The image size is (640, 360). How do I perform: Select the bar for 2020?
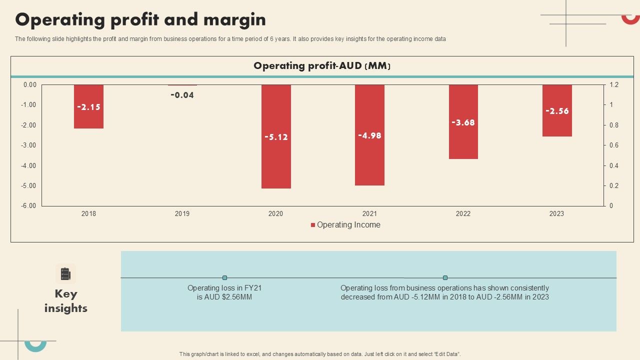(x=276, y=160)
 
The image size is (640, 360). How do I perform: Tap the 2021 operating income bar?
(x=369, y=160)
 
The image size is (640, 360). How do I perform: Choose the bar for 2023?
(x=556, y=125)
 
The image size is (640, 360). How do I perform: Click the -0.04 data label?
(x=182, y=95)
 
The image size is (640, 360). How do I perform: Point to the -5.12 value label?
(x=276, y=137)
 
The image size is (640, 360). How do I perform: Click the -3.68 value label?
(x=463, y=122)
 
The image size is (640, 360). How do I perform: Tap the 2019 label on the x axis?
(x=182, y=213)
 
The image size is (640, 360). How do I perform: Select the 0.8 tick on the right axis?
(x=614, y=125)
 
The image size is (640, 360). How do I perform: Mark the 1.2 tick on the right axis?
(x=614, y=85)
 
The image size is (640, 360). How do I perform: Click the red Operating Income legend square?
(x=313, y=225)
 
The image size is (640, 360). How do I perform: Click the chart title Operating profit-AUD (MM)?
(x=321, y=66)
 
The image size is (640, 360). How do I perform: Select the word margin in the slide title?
(x=234, y=20)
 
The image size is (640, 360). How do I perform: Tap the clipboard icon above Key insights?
(x=65, y=274)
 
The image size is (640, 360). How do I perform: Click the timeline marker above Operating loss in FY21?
(x=224, y=277)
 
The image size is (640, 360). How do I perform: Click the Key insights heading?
(x=66, y=300)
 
